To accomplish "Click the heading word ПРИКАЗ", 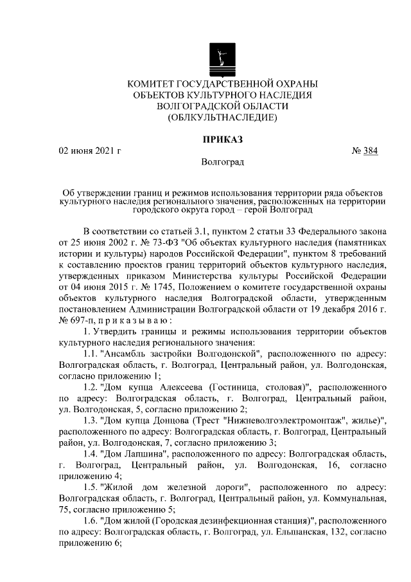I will click(222, 138).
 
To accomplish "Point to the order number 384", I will click(371, 151).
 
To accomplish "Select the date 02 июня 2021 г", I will click(90, 151).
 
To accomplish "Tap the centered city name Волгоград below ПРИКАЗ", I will click(222, 163).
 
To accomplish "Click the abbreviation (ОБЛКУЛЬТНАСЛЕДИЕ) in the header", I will click(222, 118).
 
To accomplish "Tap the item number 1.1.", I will click(91, 354).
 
